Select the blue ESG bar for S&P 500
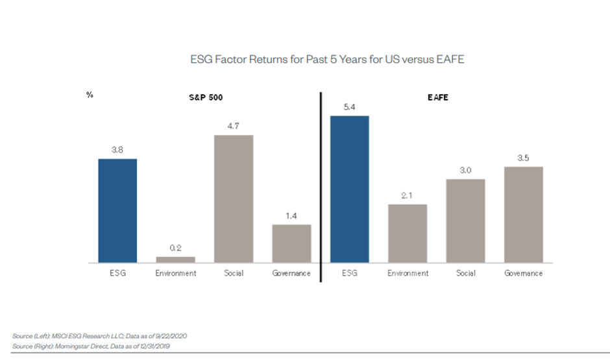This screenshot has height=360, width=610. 117,211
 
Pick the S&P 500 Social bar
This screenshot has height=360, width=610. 234,199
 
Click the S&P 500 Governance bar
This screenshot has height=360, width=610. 291,244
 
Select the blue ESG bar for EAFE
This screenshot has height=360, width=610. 350,189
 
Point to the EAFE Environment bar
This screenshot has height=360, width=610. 408,234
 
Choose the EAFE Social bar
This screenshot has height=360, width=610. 465,221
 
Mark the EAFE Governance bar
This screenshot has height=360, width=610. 523,215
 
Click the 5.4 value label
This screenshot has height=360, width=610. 350,106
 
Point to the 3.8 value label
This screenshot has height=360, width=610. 117,149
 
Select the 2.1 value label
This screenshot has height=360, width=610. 408,195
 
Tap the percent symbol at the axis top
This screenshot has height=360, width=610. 90,95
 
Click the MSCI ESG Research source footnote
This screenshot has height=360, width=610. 100,335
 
